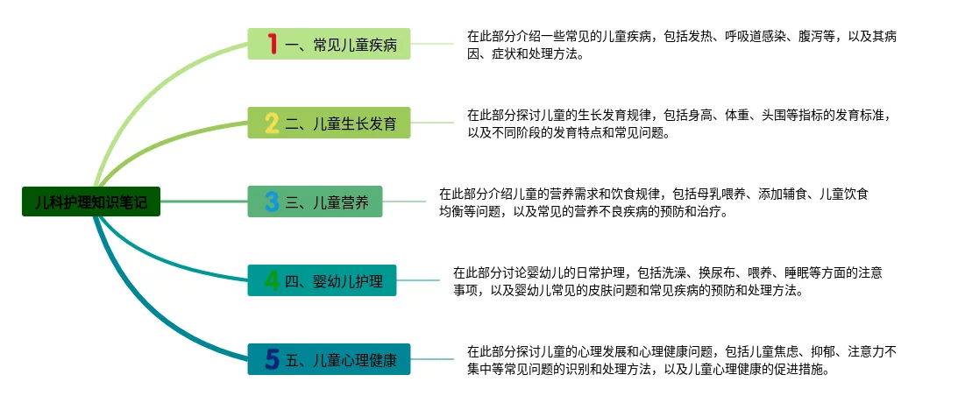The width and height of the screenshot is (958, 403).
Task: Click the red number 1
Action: coord(273,44)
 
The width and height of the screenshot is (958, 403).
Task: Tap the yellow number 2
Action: coord(272,124)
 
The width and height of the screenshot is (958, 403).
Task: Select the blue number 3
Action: coord(272,202)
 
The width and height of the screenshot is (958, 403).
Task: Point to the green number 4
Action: coord(273,281)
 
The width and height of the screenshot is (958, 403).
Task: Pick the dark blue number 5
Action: coord(272,359)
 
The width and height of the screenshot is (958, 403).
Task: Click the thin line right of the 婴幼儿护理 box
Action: coord(417,280)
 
